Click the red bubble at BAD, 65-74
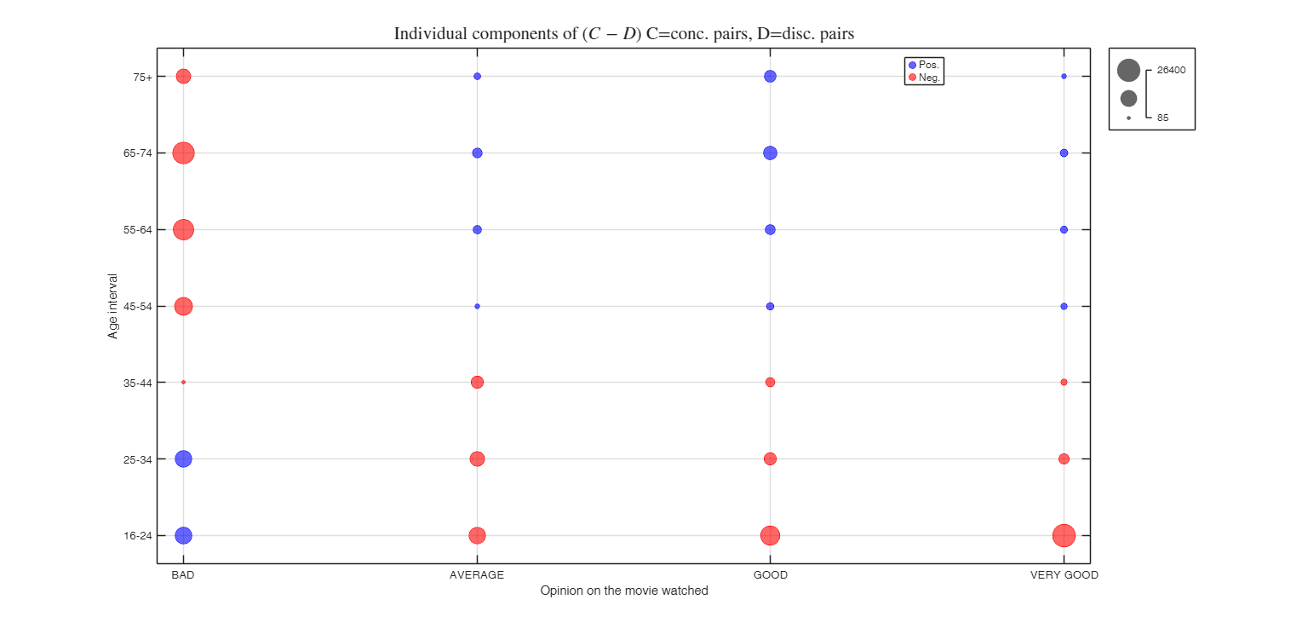click(183, 153)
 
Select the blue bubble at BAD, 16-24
click(183, 535)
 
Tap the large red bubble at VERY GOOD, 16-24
click(1064, 535)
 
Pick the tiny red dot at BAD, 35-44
click(183, 383)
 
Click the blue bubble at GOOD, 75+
click(770, 77)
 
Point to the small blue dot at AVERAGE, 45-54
click(477, 306)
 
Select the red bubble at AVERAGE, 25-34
click(477, 458)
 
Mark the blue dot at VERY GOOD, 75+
click(1064, 77)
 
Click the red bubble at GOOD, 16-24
click(770, 535)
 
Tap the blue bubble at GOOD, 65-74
click(770, 153)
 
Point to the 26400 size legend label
click(1171, 71)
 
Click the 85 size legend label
click(1162, 118)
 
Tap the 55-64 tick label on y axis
click(139, 230)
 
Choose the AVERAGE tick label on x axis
click(477, 575)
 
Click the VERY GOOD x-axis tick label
click(1064, 575)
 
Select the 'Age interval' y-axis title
click(113, 306)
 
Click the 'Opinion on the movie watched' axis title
click(623, 591)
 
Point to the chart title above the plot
click(623, 34)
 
